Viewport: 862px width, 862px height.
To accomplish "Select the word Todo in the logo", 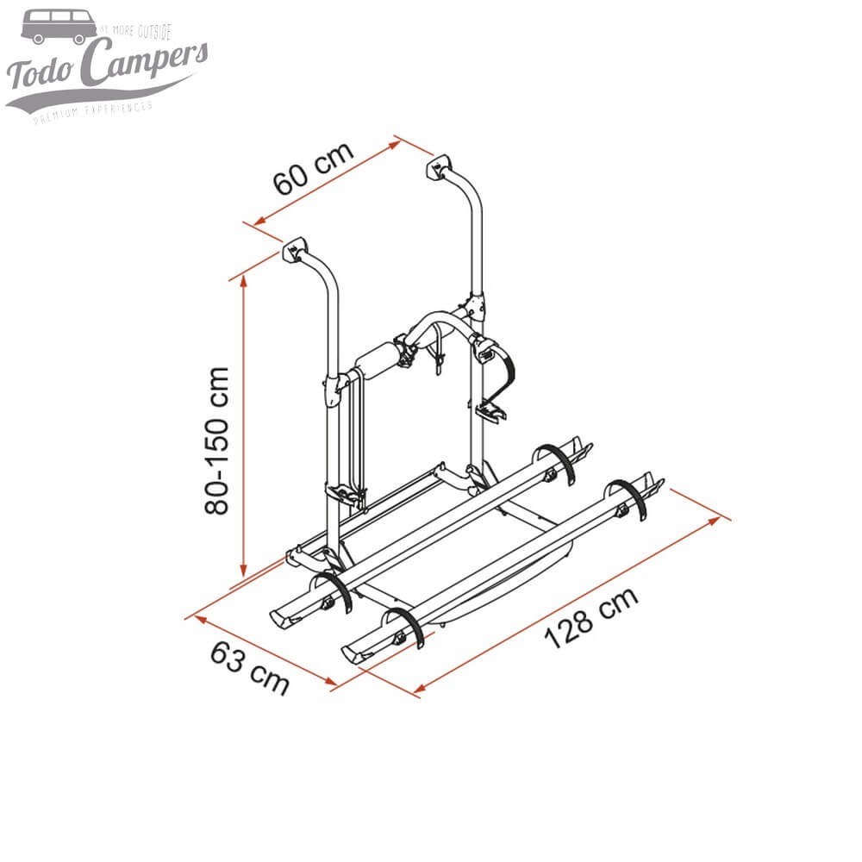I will pos(41,76).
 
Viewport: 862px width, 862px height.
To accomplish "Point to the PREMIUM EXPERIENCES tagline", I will pos(93,112).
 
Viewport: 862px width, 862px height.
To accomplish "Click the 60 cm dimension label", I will pos(313,168).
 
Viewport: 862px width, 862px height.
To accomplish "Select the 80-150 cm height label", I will pos(217,440).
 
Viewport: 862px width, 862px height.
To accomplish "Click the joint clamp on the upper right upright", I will pos(474,303).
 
